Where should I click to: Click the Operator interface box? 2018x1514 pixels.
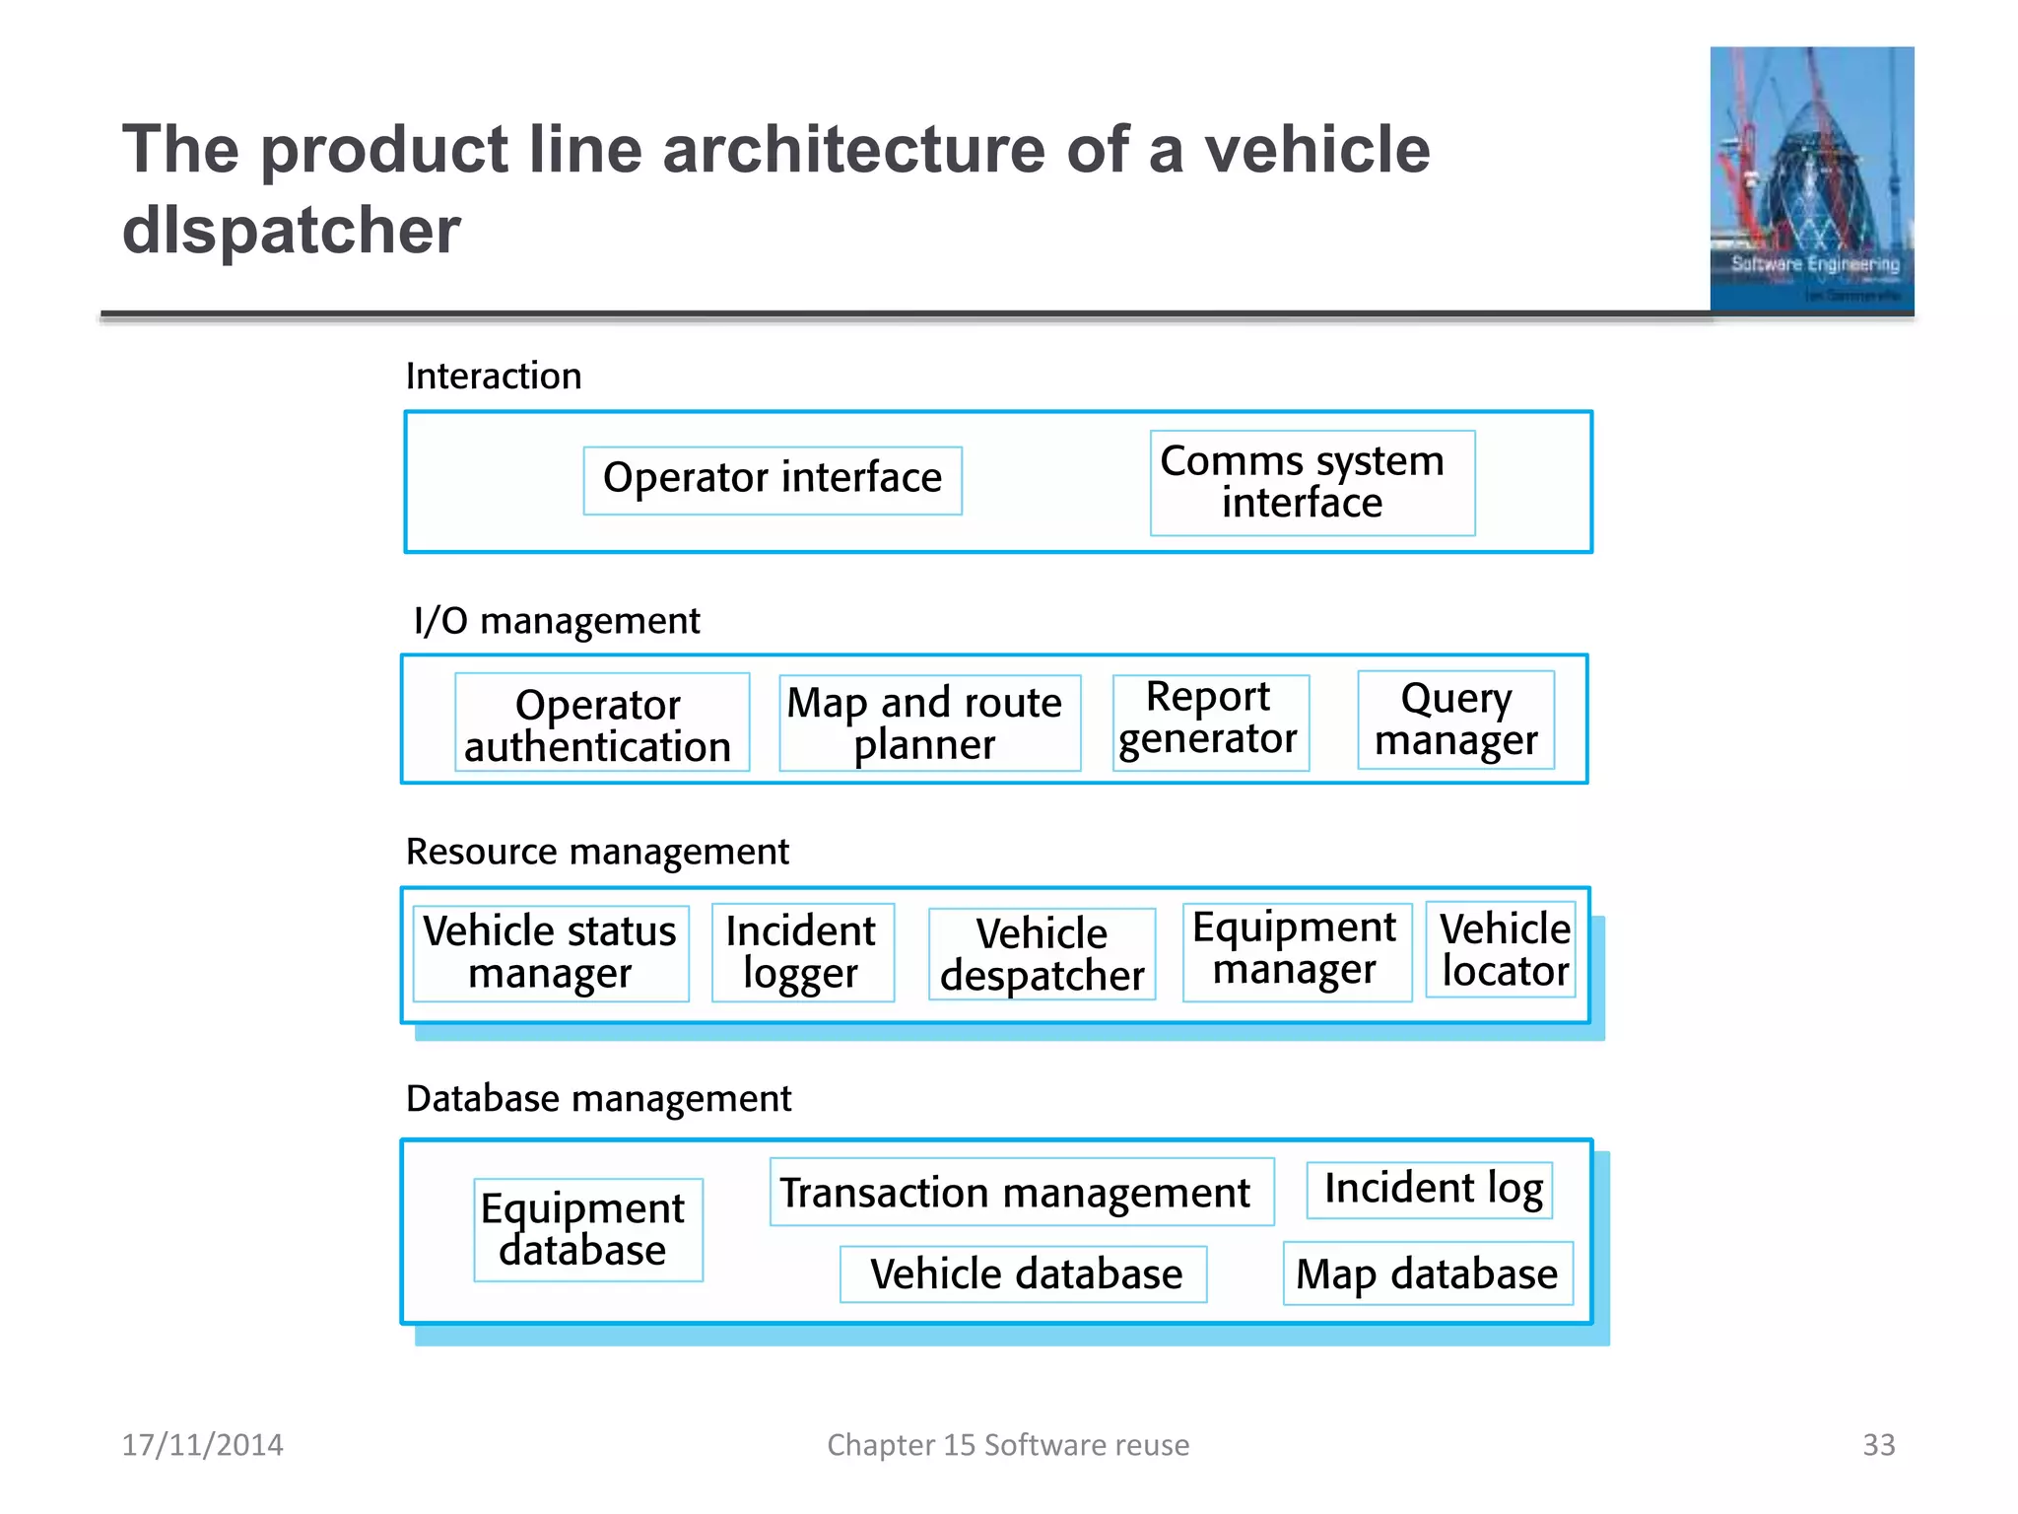(x=773, y=480)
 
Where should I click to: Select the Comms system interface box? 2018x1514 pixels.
(x=1312, y=483)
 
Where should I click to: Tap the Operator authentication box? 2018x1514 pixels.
(x=601, y=723)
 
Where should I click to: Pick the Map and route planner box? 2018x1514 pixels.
(x=929, y=723)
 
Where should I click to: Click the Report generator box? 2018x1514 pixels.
(x=1210, y=723)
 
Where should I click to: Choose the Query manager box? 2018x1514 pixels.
(x=1455, y=720)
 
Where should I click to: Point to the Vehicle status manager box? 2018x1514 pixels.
(x=551, y=953)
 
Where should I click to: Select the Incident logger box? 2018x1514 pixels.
(x=802, y=952)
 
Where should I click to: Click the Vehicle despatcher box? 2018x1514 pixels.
(x=1042, y=954)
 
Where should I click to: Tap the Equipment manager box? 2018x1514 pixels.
(x=1296, y=952)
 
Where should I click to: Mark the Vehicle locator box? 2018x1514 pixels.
(x=1501, y=950)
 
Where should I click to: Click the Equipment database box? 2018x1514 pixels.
(x=587, y=1229)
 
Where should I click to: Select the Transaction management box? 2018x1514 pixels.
(x=1021, y=1192)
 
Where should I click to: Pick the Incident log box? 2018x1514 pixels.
(x=1430, y=1190)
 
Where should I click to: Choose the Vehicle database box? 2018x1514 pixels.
(x=1023, y=1273)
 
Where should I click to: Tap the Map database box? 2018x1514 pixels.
(x=1427, y=1273)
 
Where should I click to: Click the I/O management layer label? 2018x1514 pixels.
(x=557, y=621)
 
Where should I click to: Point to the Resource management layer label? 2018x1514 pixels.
(x=597, y=852)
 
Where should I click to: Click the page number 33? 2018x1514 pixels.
(x=1878, y=1444)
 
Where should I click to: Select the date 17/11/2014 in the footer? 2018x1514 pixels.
(x=203, y=1444)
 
